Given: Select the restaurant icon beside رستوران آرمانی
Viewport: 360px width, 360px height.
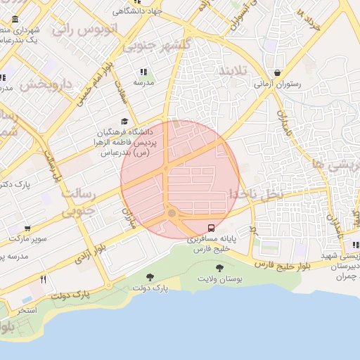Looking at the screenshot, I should coord(278,73).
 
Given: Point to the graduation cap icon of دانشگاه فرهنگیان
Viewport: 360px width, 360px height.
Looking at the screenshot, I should coord(125,121).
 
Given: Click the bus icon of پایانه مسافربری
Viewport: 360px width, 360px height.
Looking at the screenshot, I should coord(211,228).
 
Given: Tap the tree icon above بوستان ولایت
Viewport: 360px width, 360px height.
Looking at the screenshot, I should coord(219,268).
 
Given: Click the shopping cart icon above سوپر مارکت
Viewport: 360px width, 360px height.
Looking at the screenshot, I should coord(27,229).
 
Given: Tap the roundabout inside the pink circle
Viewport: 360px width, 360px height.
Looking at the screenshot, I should coord(172,213).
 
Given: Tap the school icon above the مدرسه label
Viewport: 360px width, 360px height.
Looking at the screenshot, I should coord(144,72).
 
